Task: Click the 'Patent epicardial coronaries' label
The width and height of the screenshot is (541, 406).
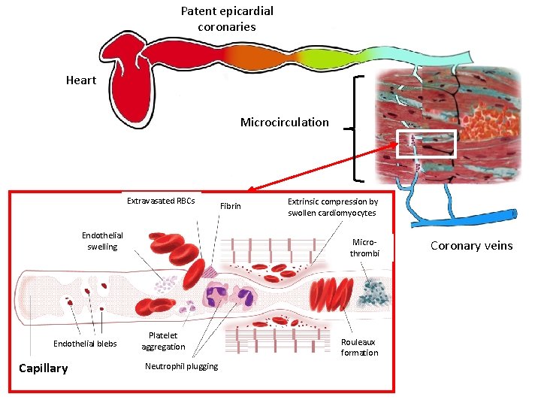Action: click(227, 19)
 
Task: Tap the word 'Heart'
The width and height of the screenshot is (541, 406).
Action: click(81, 80)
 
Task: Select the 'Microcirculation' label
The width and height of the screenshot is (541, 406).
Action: click(284, 122)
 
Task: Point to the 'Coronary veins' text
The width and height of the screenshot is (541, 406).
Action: click(471, 245)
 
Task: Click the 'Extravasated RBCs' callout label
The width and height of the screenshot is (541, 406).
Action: click(161, 201)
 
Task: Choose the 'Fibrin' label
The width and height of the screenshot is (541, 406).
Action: click(231, 206)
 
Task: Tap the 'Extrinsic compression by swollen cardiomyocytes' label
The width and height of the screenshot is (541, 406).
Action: click(332, 207)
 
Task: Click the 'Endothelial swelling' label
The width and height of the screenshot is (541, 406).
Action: click(102, 241)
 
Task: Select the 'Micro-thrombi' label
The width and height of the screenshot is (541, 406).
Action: click(364, 247)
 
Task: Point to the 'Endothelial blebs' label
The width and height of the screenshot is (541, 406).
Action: click(85, 344)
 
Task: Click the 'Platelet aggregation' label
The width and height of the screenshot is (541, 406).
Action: click(163, 341)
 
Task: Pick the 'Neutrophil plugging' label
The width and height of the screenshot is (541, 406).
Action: click(181, 366)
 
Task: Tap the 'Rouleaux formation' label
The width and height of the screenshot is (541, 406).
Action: click(359, 347)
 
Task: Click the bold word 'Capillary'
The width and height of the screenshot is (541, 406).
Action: click(43, 368)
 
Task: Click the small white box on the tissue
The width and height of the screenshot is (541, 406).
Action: click(416, 143)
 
